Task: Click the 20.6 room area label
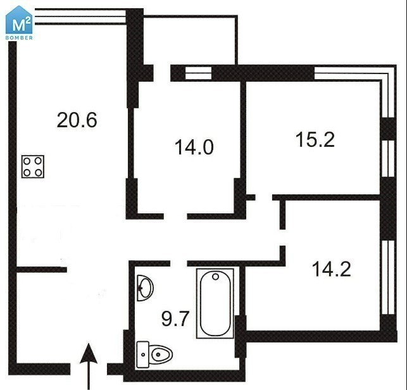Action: click(x=77, y=120)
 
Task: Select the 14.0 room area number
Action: click(x=194, y=148)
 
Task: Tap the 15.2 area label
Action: click(x=315, y=139)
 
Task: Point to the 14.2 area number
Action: click(x=332, y=269)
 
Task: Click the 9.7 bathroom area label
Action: click(x=175, y=318)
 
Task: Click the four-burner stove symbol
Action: click(x=33, y=167)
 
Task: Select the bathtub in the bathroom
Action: click(x=215, y=303)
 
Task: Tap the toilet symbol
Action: click(x=154, y=355)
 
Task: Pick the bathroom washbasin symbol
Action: click(x=145, y=288)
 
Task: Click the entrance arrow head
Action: click(x=89, y=353)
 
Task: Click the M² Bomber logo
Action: click(x=19, y=23)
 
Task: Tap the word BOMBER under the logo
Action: click(x=19, y=38)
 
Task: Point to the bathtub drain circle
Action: click(x=215, y=277)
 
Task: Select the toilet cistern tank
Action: click(x=143, y=355)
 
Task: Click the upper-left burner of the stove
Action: click(x=27, y=161)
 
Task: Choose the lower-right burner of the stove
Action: click(x=39, y=172)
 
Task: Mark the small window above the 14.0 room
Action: click(x=198, y=73)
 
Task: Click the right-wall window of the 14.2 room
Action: click(x=389, y=277)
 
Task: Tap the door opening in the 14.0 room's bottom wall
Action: click(x=175, y=216)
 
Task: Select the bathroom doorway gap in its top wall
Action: click(x=178, y=263)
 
